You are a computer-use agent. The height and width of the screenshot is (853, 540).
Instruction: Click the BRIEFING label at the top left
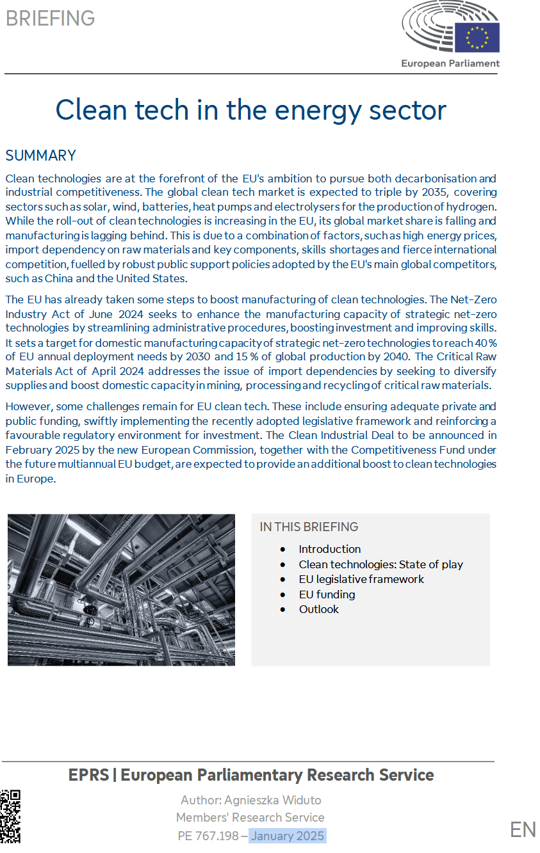tap(50, 18)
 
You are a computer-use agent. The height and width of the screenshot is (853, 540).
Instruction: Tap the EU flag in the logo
tap(477, 38)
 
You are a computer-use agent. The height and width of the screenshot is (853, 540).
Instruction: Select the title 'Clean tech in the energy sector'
tap(250, 109)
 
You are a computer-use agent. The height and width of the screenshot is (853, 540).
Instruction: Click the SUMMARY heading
tap(40, 155)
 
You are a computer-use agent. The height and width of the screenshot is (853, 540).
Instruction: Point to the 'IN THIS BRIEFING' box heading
tap(309, 527)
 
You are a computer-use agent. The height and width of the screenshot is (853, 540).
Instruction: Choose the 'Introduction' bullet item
tap(329, 549)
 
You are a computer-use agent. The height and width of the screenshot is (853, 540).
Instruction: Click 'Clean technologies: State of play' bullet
tap(380, 564)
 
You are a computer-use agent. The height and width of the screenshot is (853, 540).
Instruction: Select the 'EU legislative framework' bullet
tap(361, 579)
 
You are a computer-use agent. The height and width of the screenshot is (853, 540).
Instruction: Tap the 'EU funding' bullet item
tap(327, 594)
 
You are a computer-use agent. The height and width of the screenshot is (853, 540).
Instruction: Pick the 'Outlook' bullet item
tap(318, 609)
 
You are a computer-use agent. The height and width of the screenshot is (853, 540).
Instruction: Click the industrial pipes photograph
tap(121, 589)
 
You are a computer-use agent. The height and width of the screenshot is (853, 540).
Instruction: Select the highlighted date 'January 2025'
tap(288, 836)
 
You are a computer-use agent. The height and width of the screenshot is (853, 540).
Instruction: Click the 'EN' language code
tap(523, 829)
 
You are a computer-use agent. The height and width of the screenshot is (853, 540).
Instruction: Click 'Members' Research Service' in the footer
tap(250, 817)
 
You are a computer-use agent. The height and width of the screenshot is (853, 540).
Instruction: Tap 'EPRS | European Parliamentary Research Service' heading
tap(250, 775)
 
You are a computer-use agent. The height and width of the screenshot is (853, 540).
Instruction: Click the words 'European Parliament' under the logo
tap(450, 63)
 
